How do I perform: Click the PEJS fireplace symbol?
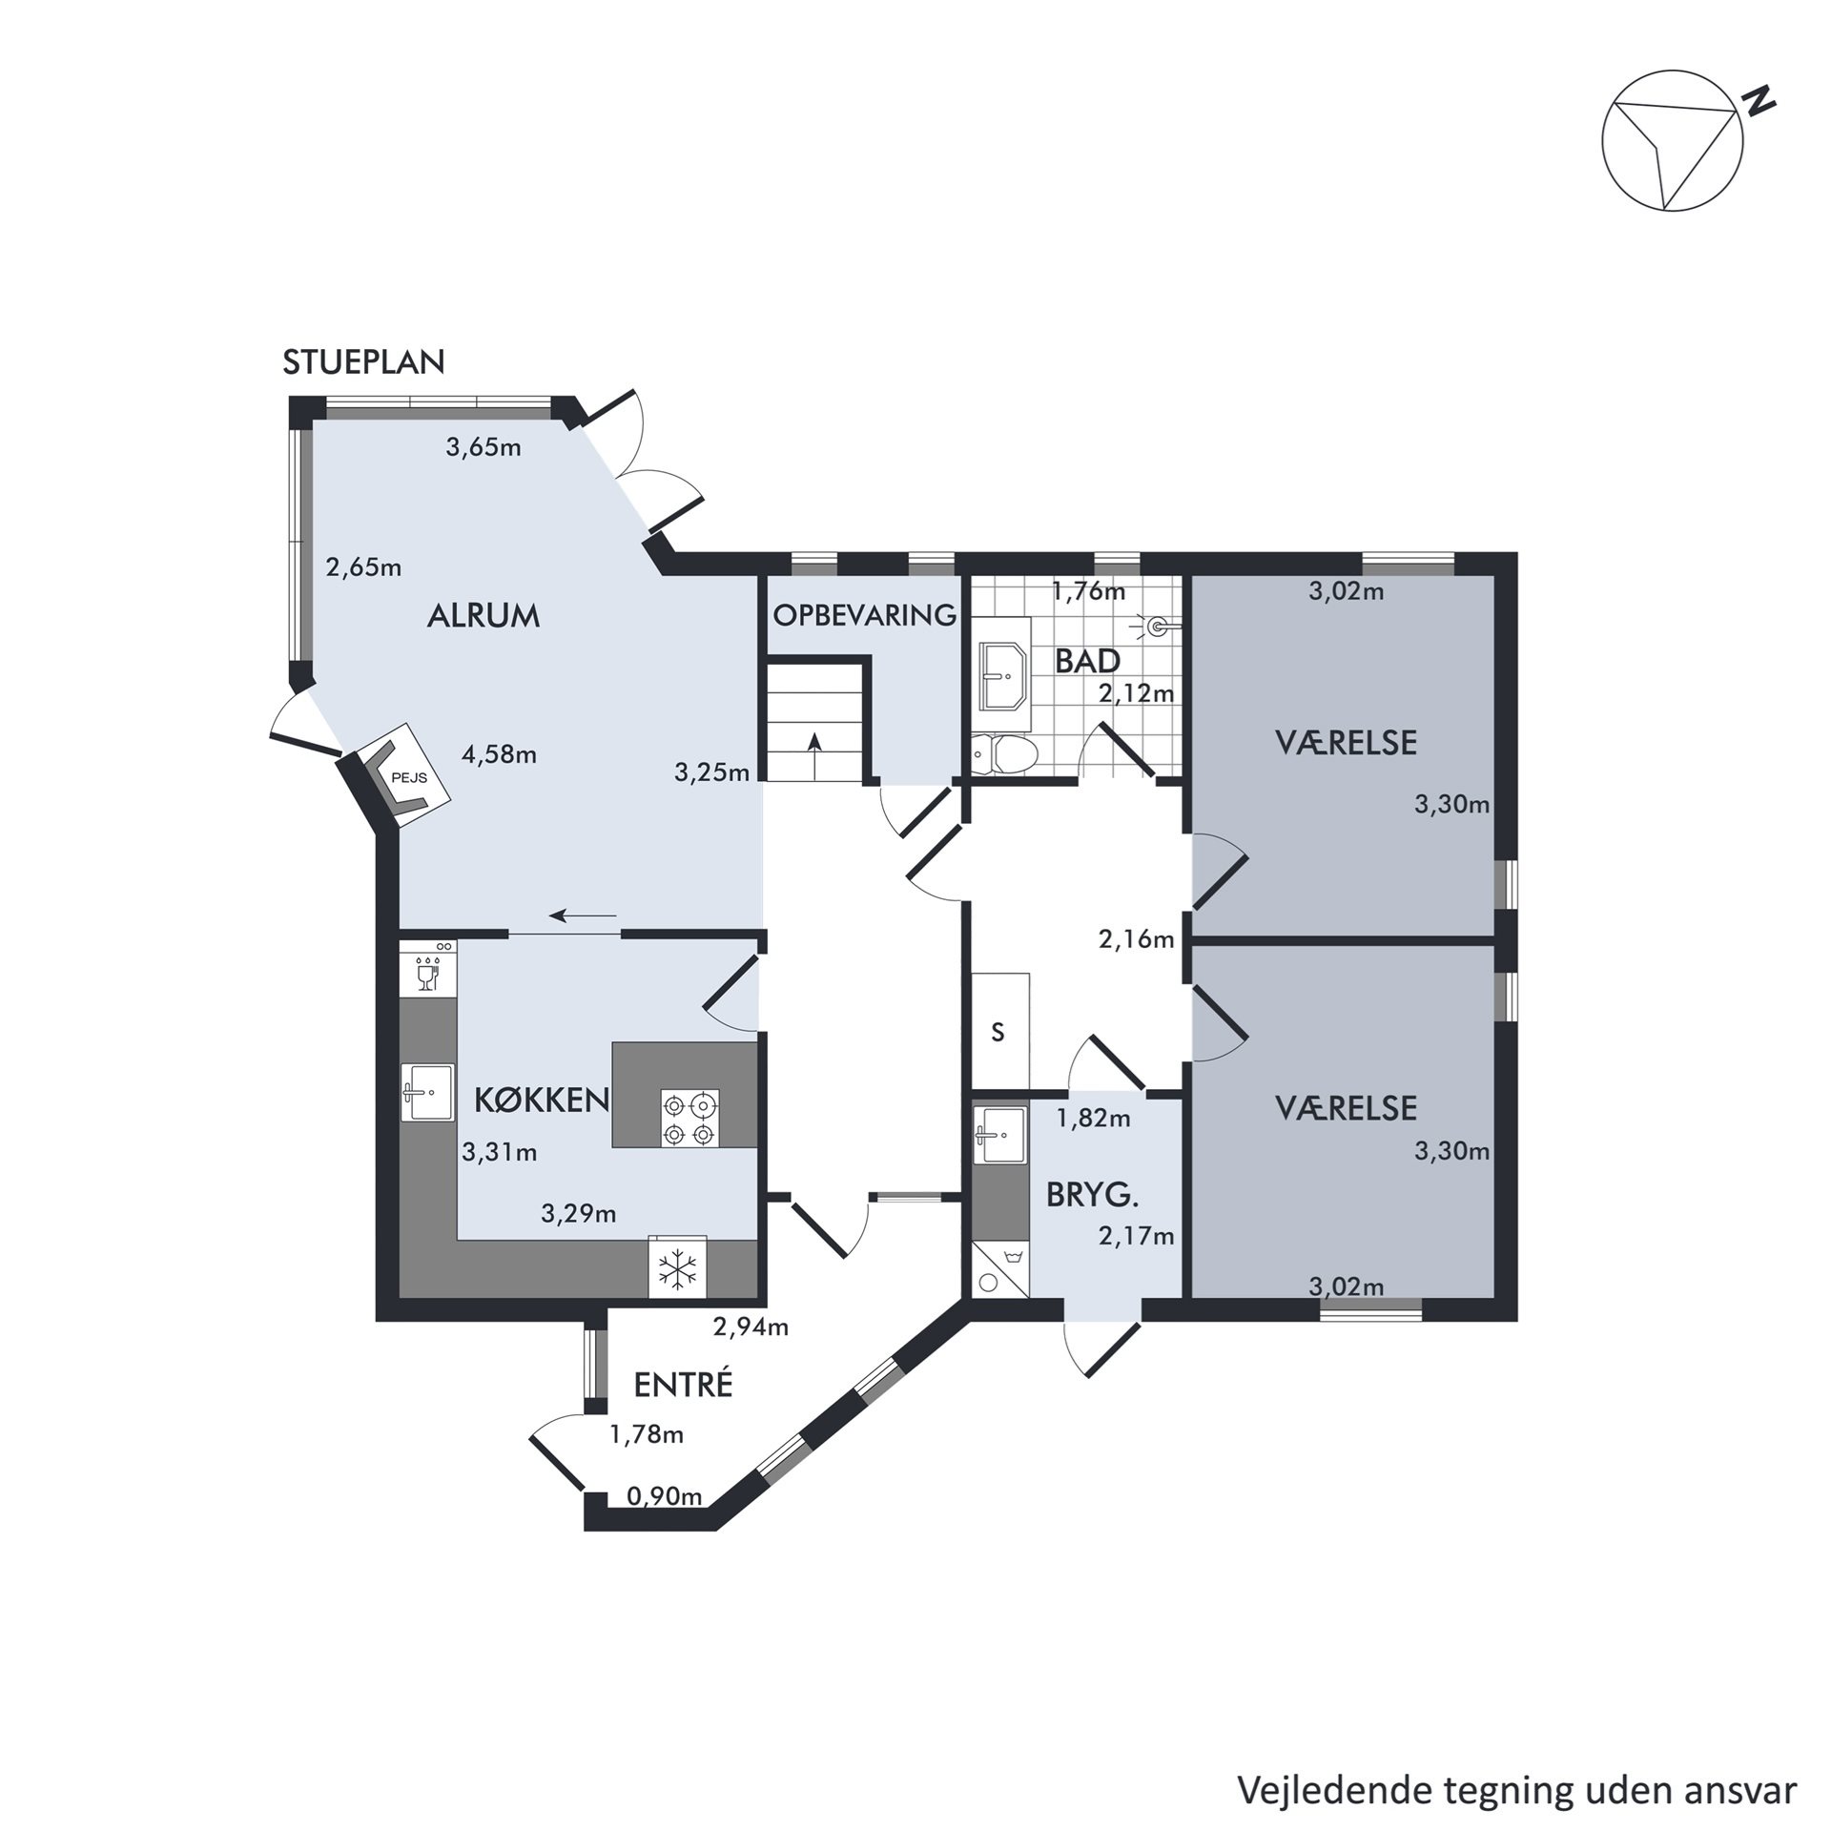404,771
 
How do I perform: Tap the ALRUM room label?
483,616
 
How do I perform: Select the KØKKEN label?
542,1101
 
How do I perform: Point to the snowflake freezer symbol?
678,1269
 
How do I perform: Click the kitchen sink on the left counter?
427,1093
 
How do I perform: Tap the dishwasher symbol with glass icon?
427,968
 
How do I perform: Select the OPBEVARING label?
865,616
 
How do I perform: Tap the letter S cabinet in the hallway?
998,1032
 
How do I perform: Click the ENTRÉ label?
683,1385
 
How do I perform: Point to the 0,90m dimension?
664,1496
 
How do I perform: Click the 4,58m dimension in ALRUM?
499,755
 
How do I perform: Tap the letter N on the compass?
1759,100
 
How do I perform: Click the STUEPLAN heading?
364,362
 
